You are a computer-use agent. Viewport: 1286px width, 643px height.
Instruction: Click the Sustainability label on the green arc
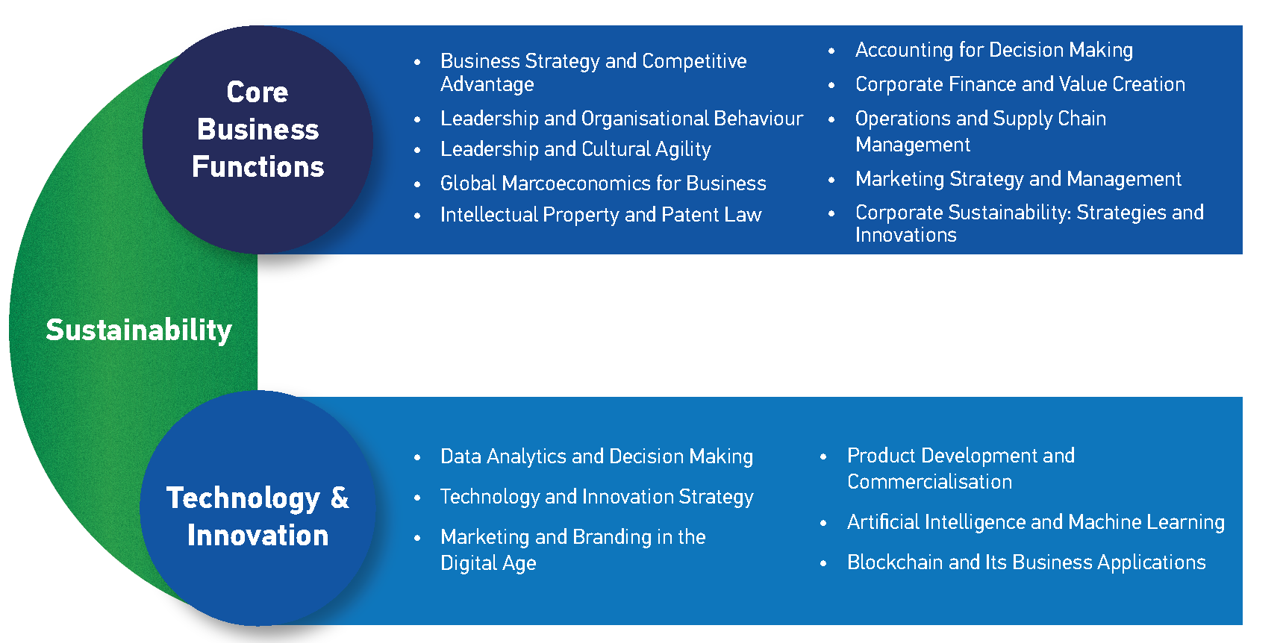click(139, 330)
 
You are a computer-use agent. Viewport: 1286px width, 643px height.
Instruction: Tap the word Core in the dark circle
click(257, 92)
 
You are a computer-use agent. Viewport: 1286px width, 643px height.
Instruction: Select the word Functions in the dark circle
click(258, 166)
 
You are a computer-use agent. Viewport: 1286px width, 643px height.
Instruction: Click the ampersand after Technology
click(340, 498)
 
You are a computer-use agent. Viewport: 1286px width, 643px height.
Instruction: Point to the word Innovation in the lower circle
click(258, 535)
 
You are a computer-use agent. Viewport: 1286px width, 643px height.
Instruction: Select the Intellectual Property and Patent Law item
click(601, 215)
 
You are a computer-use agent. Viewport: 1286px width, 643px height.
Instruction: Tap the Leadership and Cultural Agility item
click(575, 149)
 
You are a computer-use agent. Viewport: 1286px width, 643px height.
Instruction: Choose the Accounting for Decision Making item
click(994, 50)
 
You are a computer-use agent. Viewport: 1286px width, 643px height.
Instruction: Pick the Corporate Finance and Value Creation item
click(1020, 84)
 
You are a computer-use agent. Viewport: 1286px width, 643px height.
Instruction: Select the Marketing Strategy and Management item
click(1018, 179)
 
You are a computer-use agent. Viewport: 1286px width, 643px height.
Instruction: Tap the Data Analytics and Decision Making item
click(596, 457)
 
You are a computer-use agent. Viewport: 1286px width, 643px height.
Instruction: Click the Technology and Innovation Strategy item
click(596, 497)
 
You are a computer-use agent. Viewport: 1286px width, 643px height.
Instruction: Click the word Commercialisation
click(929, 482)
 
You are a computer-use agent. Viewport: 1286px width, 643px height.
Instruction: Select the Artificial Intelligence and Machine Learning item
click(1036, 522)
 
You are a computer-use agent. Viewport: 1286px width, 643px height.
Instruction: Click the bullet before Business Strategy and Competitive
click(417, 62)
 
